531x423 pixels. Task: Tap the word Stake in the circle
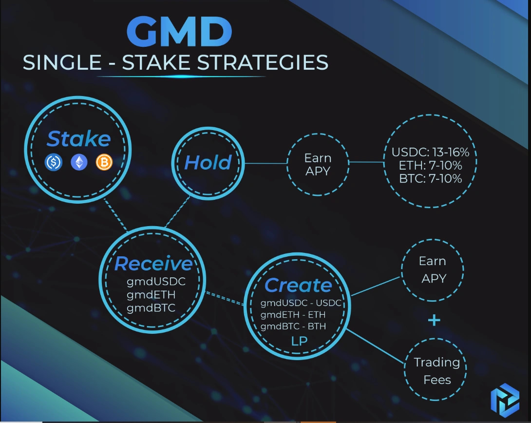pyautogui.click(x=78, y=139)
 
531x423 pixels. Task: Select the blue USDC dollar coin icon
pyautogui.click(x=54, y=162)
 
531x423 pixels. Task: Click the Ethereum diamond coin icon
pyautogui.click(x=79, y=162)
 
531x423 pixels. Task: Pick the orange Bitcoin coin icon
pyautogui.click(x=104, y=162)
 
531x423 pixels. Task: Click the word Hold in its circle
pyautogui.click(x=208, y=163)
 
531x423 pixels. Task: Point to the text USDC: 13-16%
pyautogui.click(x=430, y=153)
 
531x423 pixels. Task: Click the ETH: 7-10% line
pyautogui.click(x=430, y=166)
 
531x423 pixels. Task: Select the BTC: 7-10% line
pyautogui.click(x=430, y=178)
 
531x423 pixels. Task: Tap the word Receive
pyautogui.click(x=153, y=264)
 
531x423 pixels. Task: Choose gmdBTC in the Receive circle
pyautogui.click(x=151, y=308)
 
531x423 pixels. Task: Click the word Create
pyautogui.click(x=298, y=286)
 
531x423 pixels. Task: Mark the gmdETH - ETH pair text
pyautogui.click(x=293, y=315)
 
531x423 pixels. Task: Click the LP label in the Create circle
pyautogui.click(x=299, y=341)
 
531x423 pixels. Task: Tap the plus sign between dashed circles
pyautogui.click(x=434, y=320)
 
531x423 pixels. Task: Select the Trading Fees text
pyautogui.click(x=436, y=371)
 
